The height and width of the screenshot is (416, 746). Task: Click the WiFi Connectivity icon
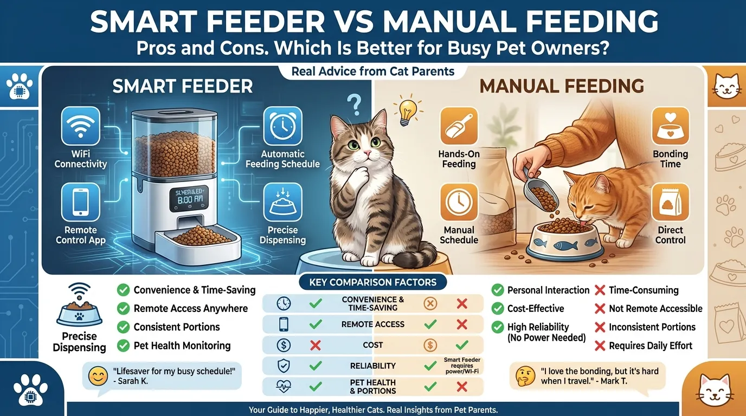(x=81, y=125)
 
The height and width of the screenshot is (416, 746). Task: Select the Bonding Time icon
(x=670, y=126)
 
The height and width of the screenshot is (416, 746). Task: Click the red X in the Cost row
(x=313, y=344)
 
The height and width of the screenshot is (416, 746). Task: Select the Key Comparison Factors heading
(x=372, y=282)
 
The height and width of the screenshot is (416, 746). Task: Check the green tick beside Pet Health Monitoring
(x=123, y=346)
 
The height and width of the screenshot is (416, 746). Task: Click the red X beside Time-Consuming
(x=600, y=290)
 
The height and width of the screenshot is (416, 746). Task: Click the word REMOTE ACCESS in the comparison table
(x=373, y=324)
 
